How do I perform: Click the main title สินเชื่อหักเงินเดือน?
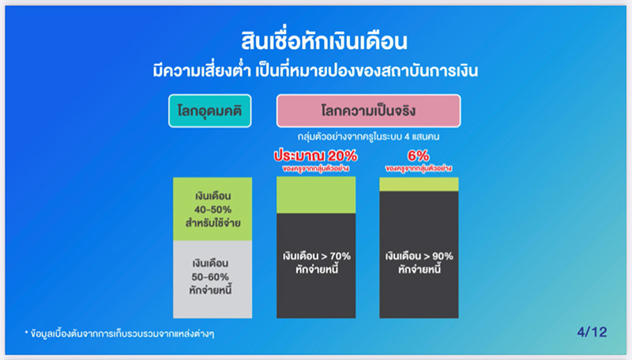316,40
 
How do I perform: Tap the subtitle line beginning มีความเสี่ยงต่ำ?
316,70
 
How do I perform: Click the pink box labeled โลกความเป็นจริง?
368,111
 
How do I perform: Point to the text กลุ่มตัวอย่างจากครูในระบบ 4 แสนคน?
368,137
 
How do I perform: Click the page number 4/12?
591,332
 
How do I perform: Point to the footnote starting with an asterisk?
118,333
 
